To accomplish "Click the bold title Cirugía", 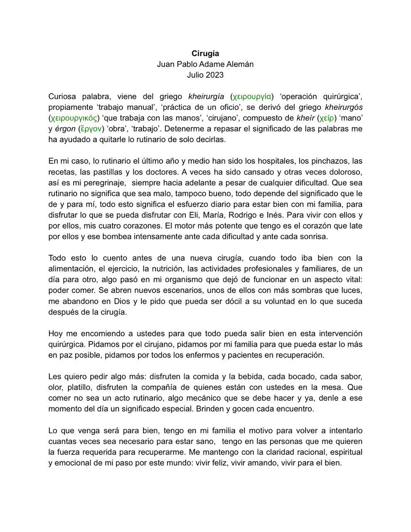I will (205, 53).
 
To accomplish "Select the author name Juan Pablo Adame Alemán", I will (205, 64).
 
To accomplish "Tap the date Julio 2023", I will (205, 75).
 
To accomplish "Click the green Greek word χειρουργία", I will (252, 96).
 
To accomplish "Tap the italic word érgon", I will (64, 129).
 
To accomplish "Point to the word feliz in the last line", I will (218, 463).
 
